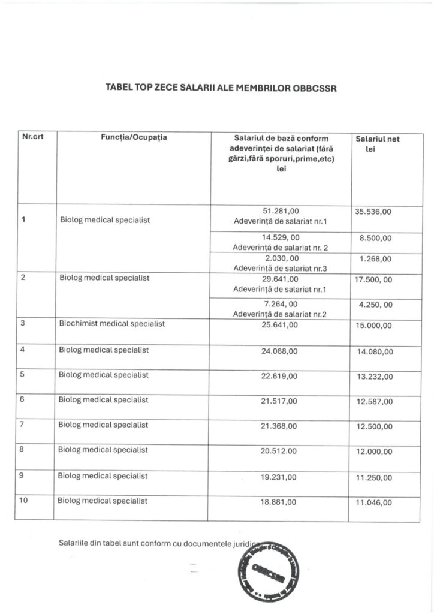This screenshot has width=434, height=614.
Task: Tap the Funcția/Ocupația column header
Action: [x=134, y=137]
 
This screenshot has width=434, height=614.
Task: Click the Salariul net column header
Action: [x=378, y=139]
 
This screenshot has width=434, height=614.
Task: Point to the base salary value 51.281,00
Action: [x=280, y=210]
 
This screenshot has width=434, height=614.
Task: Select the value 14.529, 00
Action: [x=280, y=237]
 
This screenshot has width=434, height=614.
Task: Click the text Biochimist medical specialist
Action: [x=112, y=324]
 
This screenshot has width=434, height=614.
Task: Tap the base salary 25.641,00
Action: [x=280, y=325]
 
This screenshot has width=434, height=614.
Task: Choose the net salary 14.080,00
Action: [x=375, y=351]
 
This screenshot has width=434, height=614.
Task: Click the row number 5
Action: [x=23, y=375]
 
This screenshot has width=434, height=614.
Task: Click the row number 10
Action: [x=25, y=500]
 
